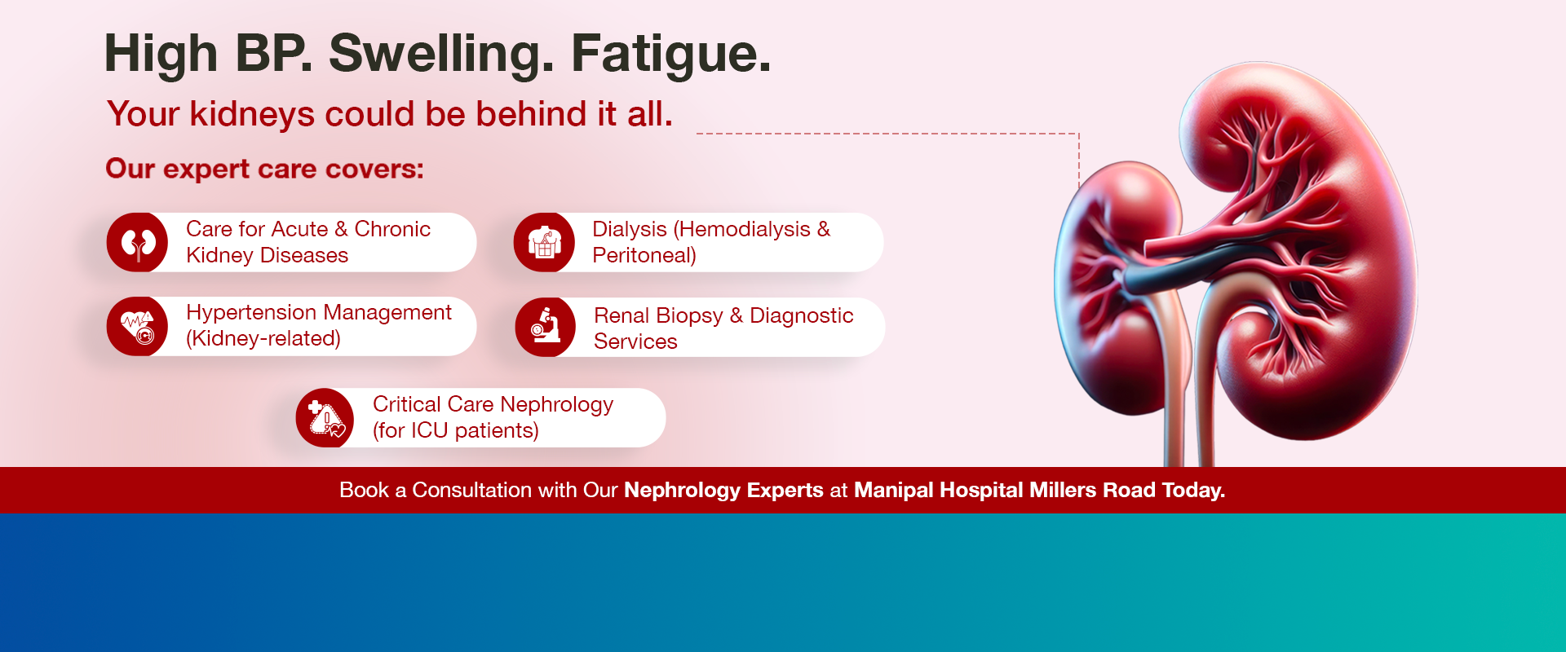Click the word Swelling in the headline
pyautogui.click(x=440, y=54)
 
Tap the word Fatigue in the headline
pyautogui.click(x=670, y=54)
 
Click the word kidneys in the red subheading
pyautogui.click(x=252, y=114)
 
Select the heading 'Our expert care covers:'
pyautogui.click(x=264, y=169)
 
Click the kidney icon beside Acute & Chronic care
pyautogui.click(x=138, y=243)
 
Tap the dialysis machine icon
pyautogui.click(x=544, y=243)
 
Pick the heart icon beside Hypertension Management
pyautogui.click(x=138, y=327)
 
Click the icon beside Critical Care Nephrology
pyautogui.click(x=325, y=418)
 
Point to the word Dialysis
pyautogui.click(x=629, y=230)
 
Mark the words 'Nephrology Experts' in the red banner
pyautogui.click(x=723, y=490)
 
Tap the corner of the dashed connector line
pyautogui.click(x=1079, y=134)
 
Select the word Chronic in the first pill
pyautogui.click(x=392, y=230)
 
